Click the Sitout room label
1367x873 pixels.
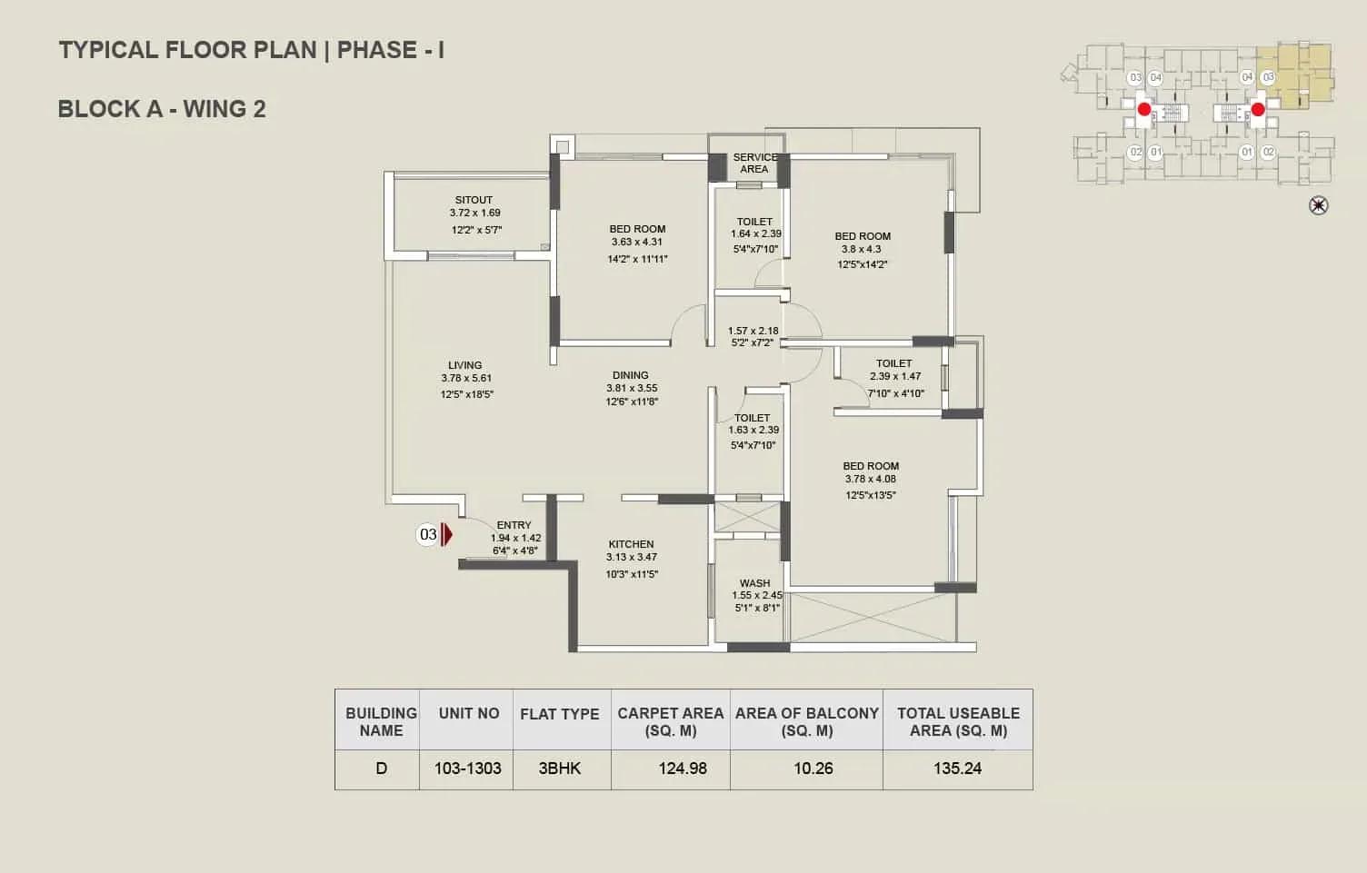click(474, 200)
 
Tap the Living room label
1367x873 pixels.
click(465, 365)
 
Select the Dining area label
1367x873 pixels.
click(631, 375)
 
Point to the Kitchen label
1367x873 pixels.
click(631, 544)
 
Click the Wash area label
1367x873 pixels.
click(755, 583)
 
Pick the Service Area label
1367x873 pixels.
click(755, 163)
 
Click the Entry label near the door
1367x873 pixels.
click(514, 525)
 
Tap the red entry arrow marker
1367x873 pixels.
click(446, 535)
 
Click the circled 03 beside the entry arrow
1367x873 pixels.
click(428, 535)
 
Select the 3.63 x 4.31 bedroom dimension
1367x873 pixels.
click(637, 243)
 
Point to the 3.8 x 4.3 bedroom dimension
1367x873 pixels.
click(861, 250)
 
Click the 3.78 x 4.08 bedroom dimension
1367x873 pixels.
click(870, 480)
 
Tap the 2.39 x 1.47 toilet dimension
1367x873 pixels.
click(895, 376)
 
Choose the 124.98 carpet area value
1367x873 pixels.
click(683, 769)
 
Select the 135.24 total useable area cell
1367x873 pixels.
click(957, 769)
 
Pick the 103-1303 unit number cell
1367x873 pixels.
click(466, 769)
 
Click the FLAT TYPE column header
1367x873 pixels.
click(560, 714)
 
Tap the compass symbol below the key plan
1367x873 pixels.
click(1318, 205)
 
